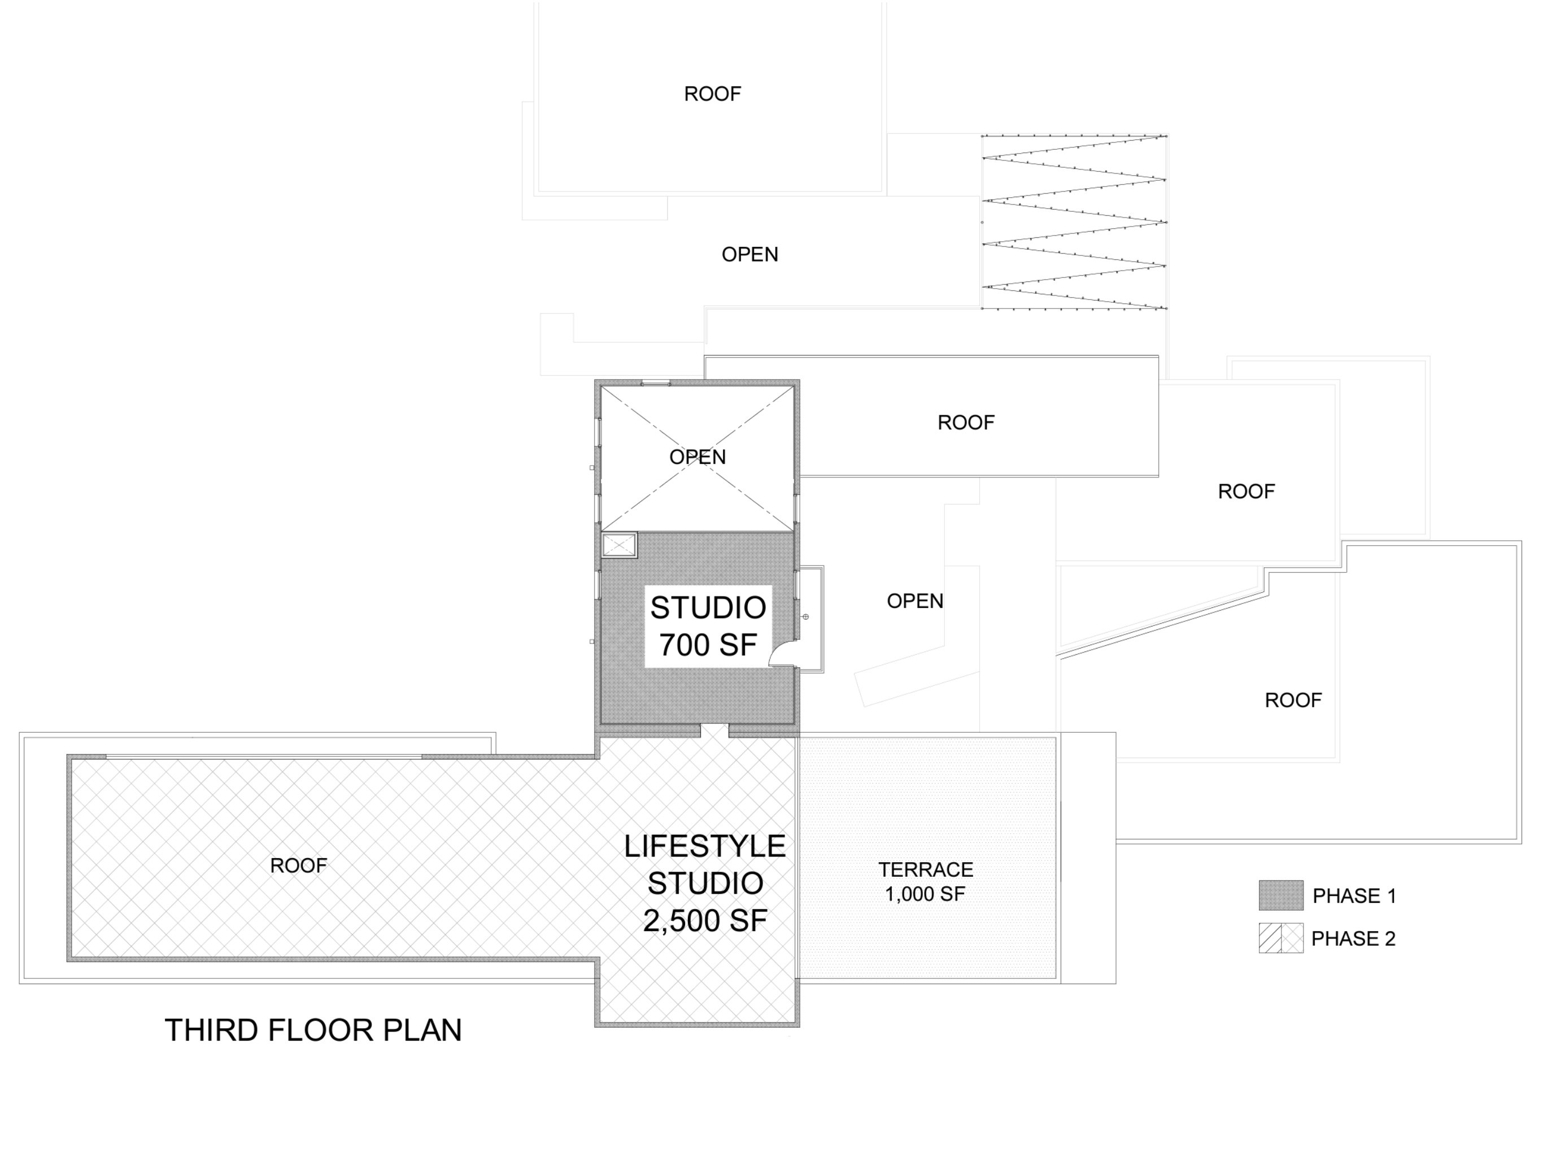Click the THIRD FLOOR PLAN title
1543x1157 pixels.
(x=313, y=1030)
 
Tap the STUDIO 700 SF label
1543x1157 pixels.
(x=708, y=627)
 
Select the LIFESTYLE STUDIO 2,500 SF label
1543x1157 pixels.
(x=704, y=884)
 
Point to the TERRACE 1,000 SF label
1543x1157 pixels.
(x=926, y=881)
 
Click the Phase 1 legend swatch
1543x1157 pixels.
(x=1281, y=895)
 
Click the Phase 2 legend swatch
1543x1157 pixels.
(x=1281, y=938)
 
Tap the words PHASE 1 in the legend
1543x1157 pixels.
(x=1354, y=896)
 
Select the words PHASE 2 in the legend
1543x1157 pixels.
(x=1353, y=938)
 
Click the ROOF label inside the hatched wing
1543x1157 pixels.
(x=299, y=865)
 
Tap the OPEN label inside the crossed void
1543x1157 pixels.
(x=698, y=457)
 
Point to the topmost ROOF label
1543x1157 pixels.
(x=712, y=94)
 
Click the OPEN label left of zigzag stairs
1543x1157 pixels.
(x=750, y=255)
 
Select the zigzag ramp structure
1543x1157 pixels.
(x=1074, y=222)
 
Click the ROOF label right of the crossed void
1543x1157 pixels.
(x=966, y=422)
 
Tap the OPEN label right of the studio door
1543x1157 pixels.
(x=915, y=601)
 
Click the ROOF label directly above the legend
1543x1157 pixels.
(x=1293, y=700)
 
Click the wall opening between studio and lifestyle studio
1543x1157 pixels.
(x=714, y=730)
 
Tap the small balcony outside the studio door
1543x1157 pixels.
(x=810, y=618)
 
